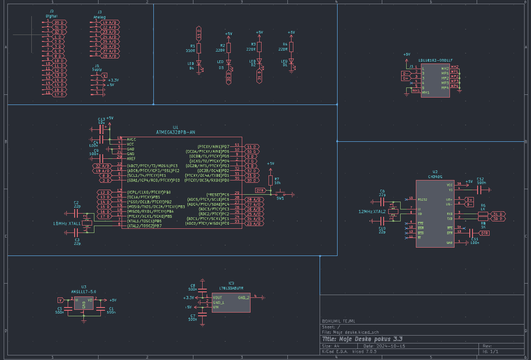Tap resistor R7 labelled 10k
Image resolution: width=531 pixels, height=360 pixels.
pos(271,180)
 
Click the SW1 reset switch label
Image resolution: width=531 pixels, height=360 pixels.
pos(280,198)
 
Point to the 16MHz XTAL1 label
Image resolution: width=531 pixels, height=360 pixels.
pos(66,223)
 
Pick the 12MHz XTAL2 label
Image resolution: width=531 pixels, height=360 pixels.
pos(372,211)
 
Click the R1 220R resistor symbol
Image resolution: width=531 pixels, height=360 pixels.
pos(199,47)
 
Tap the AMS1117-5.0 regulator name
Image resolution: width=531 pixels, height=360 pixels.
pos(83,291)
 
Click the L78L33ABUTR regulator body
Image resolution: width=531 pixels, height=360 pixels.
pos(231,302)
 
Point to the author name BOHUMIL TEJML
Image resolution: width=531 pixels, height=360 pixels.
pos(338,321)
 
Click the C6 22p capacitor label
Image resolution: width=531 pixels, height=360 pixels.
pos(382,193)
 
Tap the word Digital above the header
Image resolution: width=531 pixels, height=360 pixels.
pos(51,16)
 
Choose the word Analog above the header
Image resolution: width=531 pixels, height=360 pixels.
pos(99,17)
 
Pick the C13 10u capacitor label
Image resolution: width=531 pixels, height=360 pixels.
pos(102,121)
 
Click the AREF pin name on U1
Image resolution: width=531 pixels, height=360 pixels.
pos(131,158)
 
